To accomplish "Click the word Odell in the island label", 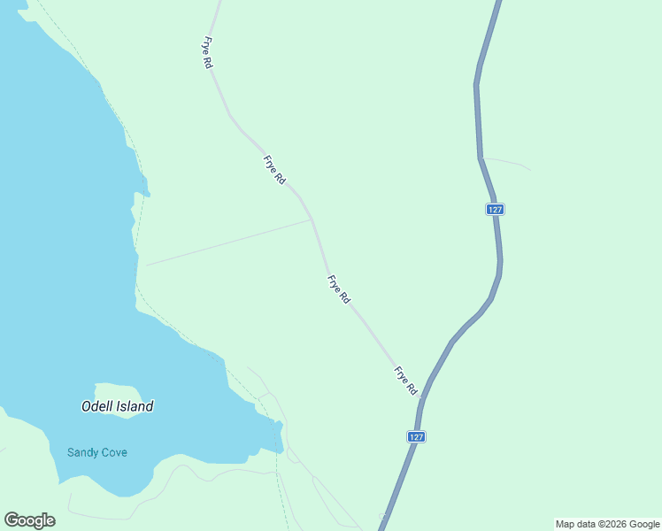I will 96,407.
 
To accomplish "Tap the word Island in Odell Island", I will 134,407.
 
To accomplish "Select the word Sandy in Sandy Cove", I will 83,453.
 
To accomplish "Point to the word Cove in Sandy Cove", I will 114,453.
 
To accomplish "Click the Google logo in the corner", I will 29,520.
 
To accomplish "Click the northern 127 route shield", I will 495,209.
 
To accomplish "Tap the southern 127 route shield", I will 417,436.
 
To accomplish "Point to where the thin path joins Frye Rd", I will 312,219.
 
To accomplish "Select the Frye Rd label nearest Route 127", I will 405,381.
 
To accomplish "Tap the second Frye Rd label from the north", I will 274,170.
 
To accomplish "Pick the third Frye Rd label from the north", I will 339,290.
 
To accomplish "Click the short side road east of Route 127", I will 509,163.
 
